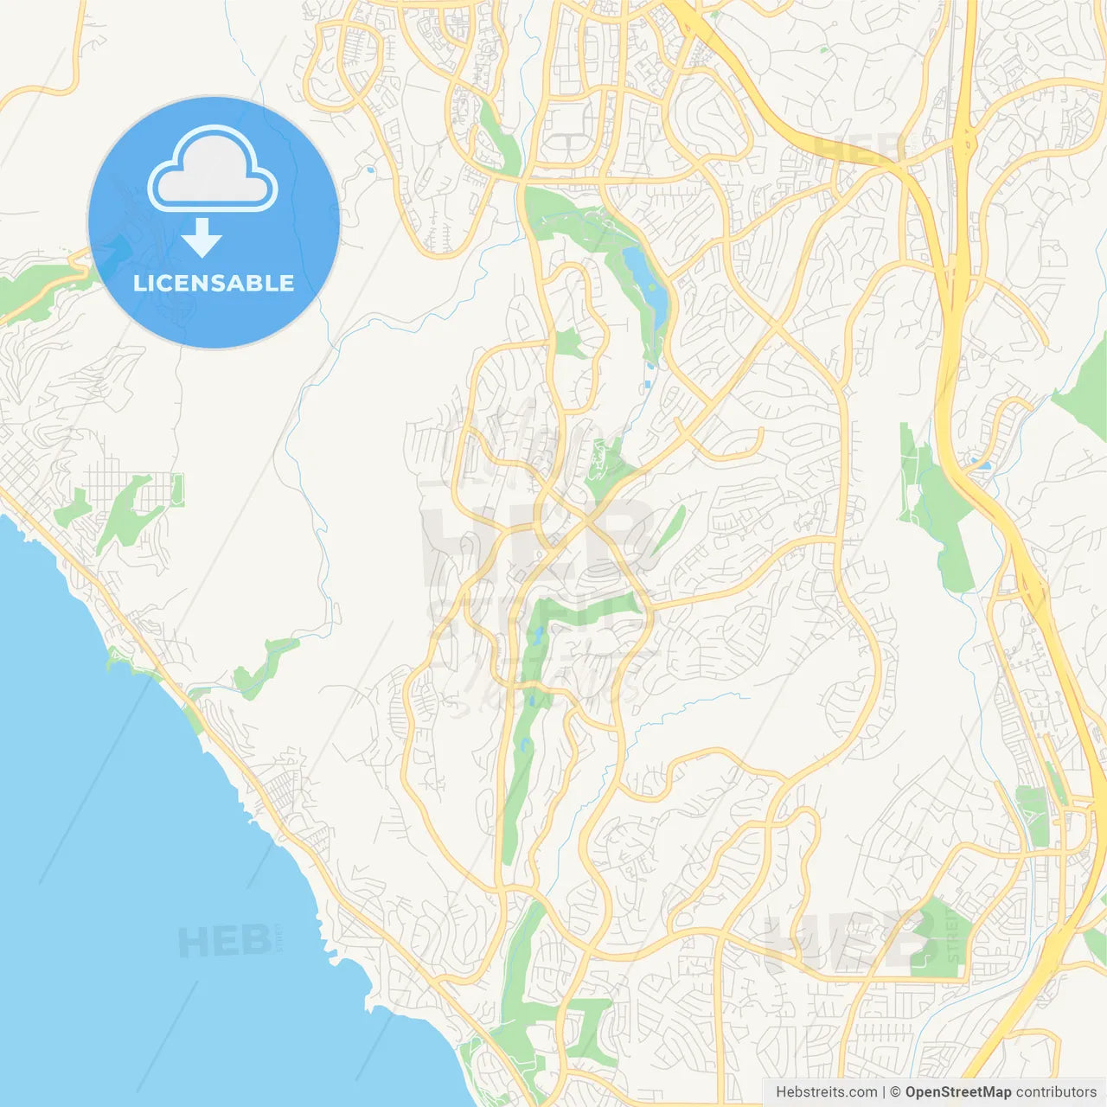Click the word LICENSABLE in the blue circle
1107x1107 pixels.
214,284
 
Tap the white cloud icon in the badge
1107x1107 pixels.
213,171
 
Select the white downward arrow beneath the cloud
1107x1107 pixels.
202,237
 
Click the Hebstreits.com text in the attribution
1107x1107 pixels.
826,1092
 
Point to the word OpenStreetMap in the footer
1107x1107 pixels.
958,1092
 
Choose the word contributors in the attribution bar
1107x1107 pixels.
1056,1092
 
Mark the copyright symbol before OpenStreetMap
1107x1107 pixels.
896,1092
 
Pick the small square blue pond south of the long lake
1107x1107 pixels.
649,384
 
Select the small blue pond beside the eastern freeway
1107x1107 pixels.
982,464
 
